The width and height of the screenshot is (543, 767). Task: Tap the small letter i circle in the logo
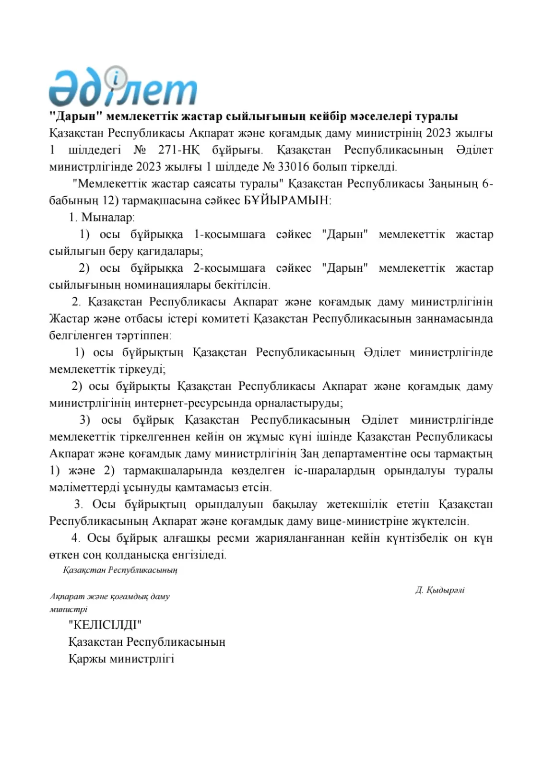click(x=118, y=77)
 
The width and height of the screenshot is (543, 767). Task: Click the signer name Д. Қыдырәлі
click(x=440, y=590)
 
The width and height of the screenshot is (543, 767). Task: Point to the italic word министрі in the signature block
click(x=68, y=609)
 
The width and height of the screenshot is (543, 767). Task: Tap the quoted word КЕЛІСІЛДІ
click(x=105, y=625)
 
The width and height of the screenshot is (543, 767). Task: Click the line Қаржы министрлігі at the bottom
click(x=121, y=659)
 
